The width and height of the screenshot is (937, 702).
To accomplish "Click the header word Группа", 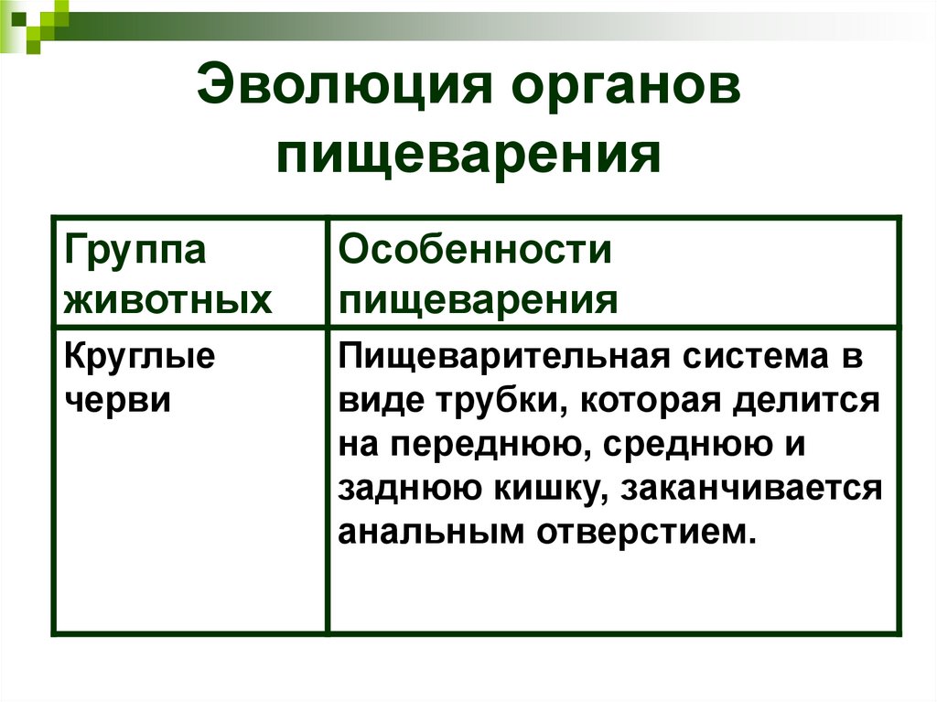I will pos(135,251).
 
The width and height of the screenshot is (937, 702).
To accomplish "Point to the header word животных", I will pos(168,299).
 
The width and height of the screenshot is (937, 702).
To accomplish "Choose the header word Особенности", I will pos(475,251).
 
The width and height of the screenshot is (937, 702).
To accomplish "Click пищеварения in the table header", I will pos(479,299).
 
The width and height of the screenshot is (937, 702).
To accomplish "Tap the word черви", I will pos(118,400).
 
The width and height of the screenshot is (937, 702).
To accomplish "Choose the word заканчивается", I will pos(751,489).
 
